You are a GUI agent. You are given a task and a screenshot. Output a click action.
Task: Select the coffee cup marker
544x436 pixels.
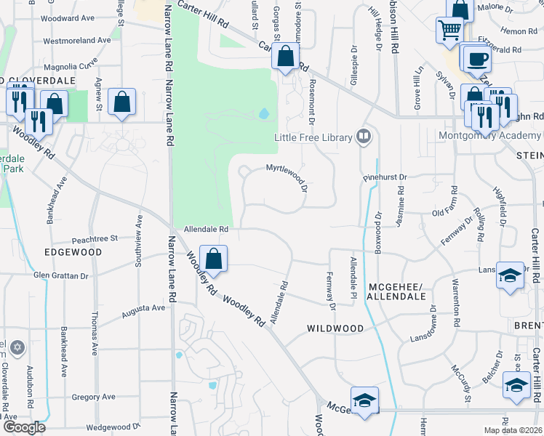[477, 59]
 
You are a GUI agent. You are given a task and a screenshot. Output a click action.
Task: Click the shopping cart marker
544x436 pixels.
[450, 31]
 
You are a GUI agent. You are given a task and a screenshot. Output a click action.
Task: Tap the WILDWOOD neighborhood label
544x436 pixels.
[335, 328]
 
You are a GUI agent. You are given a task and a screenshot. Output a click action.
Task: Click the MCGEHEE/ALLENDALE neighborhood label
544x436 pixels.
[396, 291]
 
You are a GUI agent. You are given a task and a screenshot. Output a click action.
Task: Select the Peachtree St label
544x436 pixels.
[95, 238]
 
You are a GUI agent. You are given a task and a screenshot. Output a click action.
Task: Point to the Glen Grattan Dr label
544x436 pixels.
[60, 276]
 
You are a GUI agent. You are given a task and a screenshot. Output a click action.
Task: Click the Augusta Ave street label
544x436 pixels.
[143, 307]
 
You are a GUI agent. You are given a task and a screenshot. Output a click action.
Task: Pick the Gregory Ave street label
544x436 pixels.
[94, 397]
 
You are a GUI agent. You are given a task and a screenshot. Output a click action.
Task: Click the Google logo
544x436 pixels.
[24, 427]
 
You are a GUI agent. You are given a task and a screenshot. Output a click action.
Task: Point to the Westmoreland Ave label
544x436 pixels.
[76, 41]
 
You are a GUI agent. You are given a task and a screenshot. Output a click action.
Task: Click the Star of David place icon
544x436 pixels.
[18, 347]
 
